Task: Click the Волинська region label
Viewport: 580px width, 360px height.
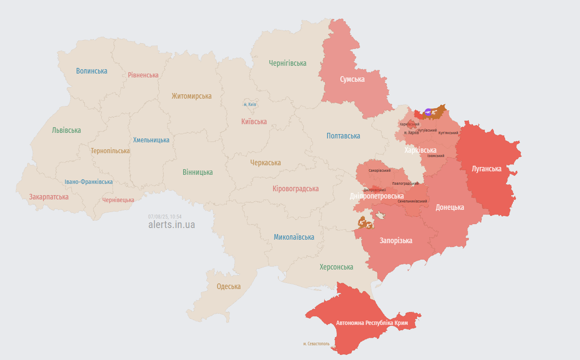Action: [x=92, y=71]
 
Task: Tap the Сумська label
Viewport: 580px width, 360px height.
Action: [x=352, y=79]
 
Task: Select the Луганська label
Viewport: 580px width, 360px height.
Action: [x=487, y=169]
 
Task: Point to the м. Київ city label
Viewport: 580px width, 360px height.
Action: [x=250, y=105]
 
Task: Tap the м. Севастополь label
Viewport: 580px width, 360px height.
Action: [x=316, y=344]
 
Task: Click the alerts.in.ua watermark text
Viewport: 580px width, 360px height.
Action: [x=171, y=225]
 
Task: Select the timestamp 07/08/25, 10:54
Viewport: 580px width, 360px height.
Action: [x=165, y=216]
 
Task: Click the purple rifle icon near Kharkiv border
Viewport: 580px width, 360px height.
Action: [x=428, y=112]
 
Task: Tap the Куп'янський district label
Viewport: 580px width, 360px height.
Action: [x=448, y=133]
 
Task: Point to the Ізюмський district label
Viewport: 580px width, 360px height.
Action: [x=435, y=156]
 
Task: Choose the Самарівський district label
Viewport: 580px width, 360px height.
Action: [x=380, y=170]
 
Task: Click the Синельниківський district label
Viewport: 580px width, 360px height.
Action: [x=412, y=201]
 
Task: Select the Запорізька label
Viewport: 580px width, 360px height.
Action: [x=396, y=241]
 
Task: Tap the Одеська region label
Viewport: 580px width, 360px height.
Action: [x=229, y=286]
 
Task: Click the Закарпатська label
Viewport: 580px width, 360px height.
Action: [x=49, y=197]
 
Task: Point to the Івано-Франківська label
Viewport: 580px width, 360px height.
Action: [x=89, y=182]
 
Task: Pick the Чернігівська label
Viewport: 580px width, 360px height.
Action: [x=287, y=63]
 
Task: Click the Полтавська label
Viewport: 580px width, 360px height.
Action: [x=343, y=136]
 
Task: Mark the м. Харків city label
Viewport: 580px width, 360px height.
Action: [x=411, y=132]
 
